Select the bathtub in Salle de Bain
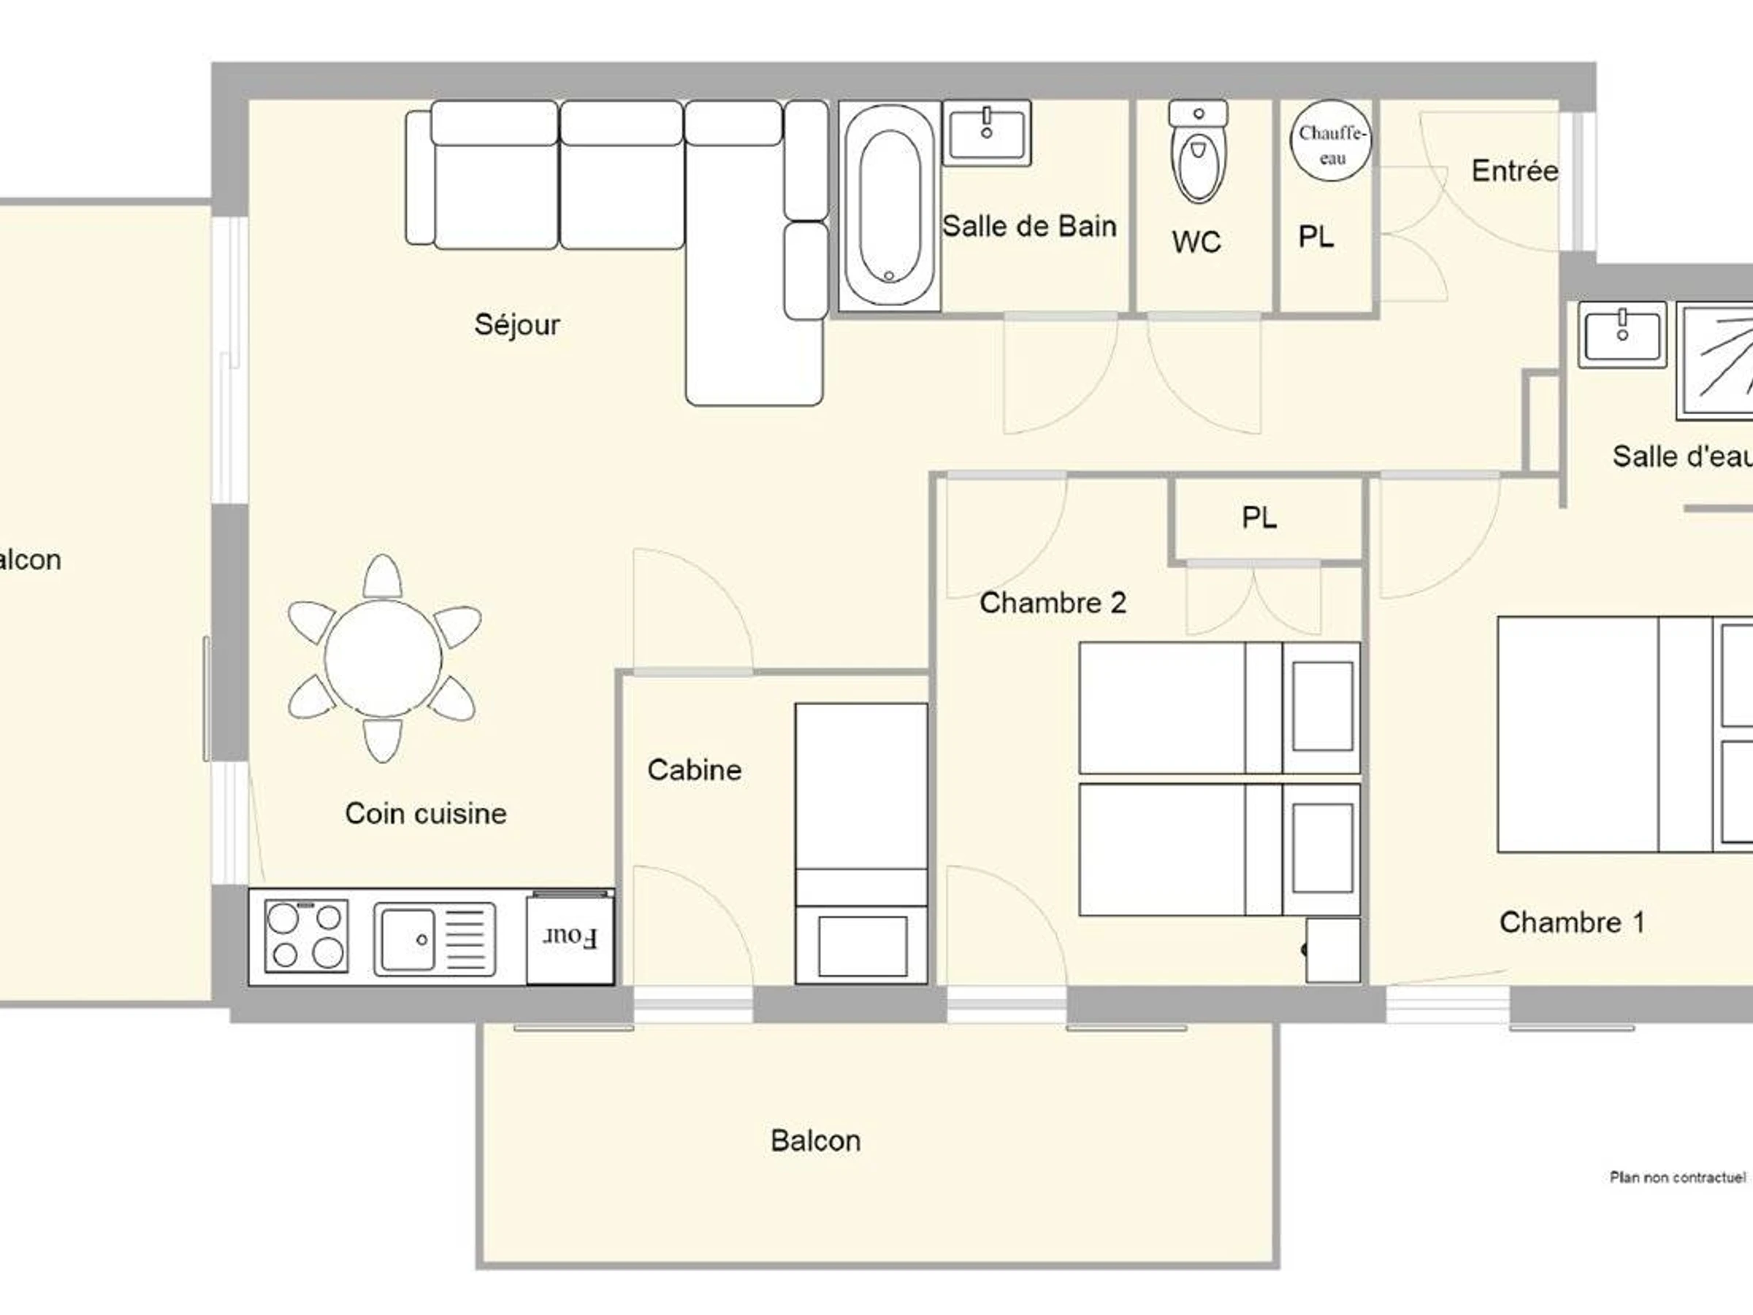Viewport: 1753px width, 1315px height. tap(889, 205)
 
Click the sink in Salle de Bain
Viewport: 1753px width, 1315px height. tap(987, 132)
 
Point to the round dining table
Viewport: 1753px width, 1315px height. tap(383, 658)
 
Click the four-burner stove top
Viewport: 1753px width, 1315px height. tap(306, 936)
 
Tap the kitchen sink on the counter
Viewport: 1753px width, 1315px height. tap(435, 939)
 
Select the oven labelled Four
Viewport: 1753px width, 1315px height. tap(570, 938)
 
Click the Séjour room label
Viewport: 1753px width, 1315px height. tap(516, 324)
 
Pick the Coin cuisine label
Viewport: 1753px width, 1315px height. tap(426, 813)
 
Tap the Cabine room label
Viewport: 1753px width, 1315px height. tap(694, 770)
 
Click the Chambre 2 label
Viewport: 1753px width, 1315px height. tap(1053, 603)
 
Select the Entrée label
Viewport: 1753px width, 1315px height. tap(1514, 170)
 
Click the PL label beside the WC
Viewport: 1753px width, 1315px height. tap(1316, 236)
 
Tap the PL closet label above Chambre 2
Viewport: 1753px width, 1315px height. tap(1259, 517)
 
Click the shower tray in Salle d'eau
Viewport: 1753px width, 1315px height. tap(1715, 362)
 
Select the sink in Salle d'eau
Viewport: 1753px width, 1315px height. tap(1622, 335)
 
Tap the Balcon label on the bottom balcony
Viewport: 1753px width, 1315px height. tap(815, 1140)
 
